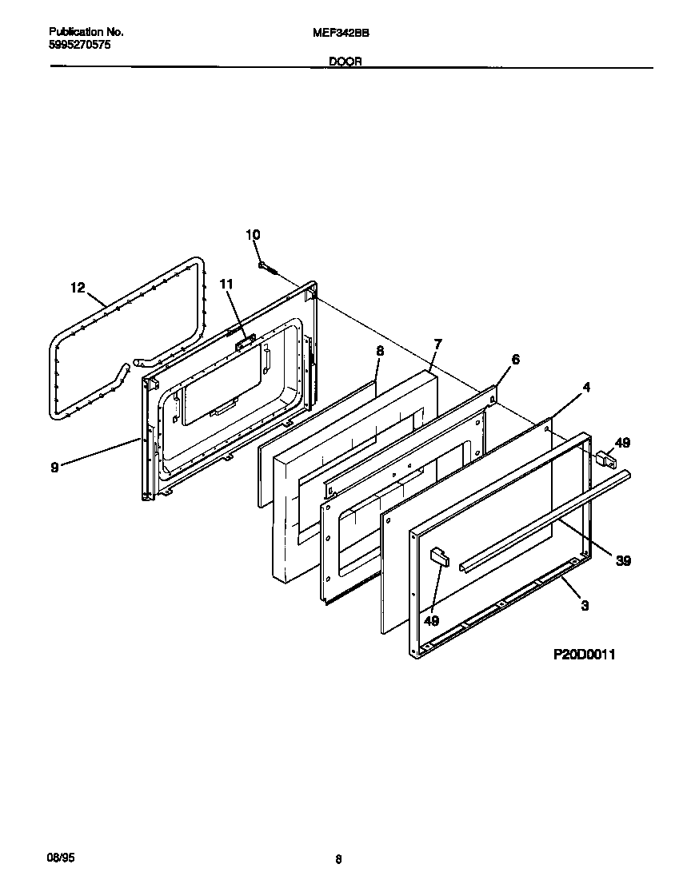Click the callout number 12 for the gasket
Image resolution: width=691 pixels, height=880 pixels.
pos(77,288)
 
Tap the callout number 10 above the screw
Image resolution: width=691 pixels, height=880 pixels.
pos(253,234)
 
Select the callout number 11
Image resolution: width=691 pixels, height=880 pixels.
pos(226,284)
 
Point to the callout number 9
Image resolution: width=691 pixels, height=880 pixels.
pos(54,468)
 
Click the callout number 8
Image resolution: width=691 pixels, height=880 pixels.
pos(380,350)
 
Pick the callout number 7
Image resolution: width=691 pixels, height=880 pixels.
pos(437,344)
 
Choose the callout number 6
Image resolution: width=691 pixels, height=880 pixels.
pos(515,360)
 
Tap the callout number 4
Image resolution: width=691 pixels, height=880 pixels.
pos(586,388)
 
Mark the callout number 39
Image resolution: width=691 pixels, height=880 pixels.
pos(623,560)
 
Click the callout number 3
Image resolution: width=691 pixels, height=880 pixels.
pos(585,606)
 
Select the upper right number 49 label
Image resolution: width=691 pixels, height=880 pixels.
pos(623,442)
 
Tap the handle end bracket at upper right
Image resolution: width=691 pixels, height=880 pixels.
pos(604,459)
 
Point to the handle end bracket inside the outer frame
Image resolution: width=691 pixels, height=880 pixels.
pos(439,555)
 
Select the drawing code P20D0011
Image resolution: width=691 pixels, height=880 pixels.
pos(585,655)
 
